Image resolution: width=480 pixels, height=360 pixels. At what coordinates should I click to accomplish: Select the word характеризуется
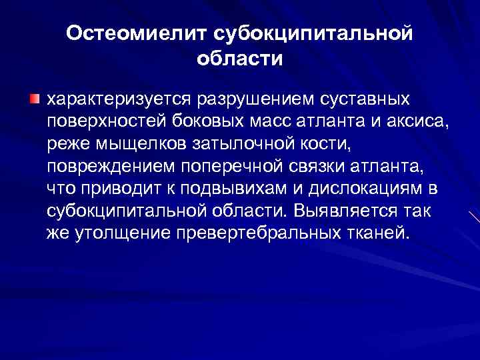point(118,99)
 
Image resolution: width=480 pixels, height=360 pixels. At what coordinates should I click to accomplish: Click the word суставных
point(364,99)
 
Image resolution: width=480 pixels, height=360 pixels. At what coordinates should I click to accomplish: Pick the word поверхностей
point(100,122)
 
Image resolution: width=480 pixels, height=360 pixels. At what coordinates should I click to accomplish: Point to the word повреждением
point(101,167)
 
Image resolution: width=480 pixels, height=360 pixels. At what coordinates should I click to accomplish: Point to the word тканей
point(378,234)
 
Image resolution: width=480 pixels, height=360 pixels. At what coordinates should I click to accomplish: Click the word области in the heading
point(240,59)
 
